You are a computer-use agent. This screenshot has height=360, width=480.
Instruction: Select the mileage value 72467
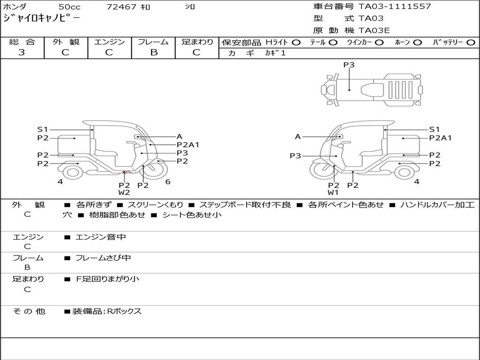point(121,7)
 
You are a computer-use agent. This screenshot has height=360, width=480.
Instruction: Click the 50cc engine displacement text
point(69,7)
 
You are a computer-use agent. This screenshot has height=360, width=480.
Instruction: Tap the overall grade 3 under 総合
point(22,52)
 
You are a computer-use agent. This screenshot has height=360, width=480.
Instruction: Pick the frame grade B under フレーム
point(153,52)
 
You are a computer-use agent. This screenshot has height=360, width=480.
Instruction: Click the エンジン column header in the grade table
point(109,42)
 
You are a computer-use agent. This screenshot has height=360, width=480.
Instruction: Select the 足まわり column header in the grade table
point(197,42)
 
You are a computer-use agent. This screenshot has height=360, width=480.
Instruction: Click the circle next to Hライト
point(296,43)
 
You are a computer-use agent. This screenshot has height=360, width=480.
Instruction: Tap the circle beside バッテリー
point(471,43)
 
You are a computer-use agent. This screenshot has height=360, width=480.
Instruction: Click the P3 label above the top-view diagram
point(349,65)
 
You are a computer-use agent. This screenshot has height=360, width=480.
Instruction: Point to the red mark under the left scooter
point(125,174)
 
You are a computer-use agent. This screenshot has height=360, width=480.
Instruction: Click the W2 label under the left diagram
point(124,192)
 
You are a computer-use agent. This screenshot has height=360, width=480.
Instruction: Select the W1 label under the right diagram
point(333,192)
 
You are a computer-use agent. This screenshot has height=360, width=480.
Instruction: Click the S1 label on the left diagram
point(43,129)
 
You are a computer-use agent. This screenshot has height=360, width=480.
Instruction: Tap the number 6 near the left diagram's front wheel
point(167,182)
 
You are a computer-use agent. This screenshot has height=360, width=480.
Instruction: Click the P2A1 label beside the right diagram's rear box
point(440,138)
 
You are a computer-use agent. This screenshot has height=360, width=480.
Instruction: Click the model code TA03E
point(374,31)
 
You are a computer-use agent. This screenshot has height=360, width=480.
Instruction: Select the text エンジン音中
point(101,237)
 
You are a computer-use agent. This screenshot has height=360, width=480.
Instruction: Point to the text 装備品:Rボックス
point(107,311)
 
